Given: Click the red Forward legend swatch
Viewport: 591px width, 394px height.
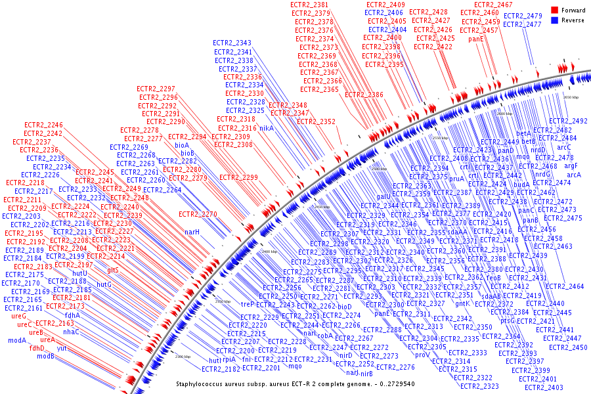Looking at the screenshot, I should pos(554,11).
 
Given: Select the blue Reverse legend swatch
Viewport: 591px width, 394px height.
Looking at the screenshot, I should pos(554,20).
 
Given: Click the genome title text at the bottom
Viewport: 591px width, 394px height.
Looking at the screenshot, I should pos(295,383).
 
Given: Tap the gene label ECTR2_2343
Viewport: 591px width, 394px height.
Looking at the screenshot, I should pos(232,43).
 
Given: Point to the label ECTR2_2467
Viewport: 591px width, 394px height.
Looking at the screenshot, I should pos(493,5).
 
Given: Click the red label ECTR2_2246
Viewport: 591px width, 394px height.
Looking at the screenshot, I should pos(43,125).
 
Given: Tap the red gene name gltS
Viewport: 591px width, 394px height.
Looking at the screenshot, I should pos(113,270).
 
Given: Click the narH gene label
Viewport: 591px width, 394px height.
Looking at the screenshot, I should pos(191,232).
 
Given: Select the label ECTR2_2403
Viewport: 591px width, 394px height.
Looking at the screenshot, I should pos(543,387).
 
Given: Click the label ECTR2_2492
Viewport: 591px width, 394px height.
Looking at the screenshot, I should pos(568,121).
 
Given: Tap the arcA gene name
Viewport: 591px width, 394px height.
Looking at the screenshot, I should pos(575,175).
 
